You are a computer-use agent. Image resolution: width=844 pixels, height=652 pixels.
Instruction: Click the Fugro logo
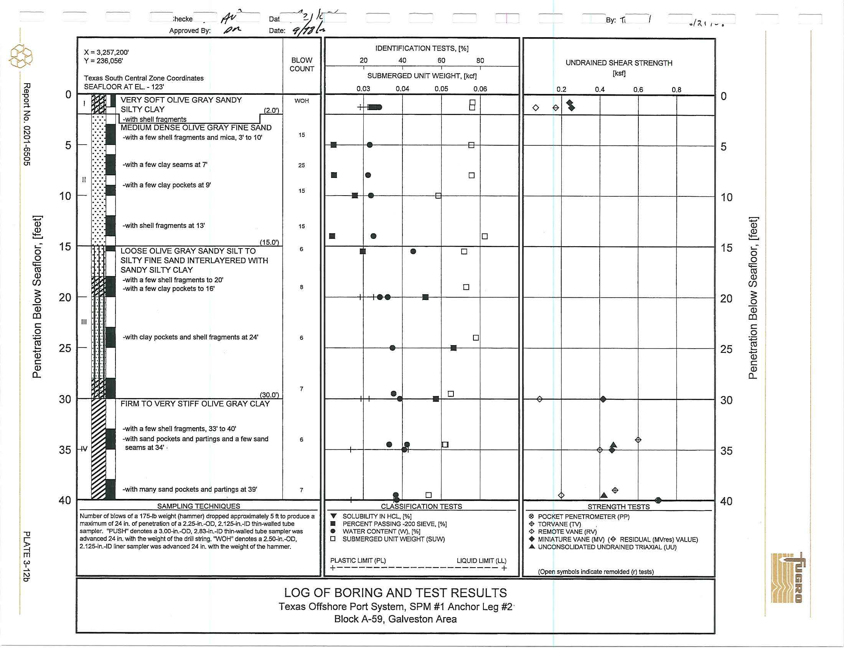[x=788, y=578]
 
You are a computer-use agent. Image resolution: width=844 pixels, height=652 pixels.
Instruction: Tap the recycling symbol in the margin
[x=21, y=56]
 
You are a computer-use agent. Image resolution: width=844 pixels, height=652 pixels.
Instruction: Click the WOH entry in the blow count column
[x=302, y=101]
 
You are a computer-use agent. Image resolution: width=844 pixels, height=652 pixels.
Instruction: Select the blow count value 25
[x=302, y=165]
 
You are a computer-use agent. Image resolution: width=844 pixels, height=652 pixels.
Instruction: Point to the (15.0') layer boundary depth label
[x=269, y=242]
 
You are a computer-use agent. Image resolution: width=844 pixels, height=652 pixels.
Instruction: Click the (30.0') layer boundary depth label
[x=269, y=395]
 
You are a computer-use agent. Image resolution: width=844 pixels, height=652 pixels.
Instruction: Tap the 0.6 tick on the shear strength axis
[x=638, y=90]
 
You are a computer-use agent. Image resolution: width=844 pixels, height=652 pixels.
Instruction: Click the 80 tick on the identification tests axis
[x=480, y=61]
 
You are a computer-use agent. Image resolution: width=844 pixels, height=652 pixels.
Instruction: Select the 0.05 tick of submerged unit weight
[x=441, y=89]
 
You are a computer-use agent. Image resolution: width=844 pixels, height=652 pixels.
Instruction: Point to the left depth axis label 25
[x=65, y=348]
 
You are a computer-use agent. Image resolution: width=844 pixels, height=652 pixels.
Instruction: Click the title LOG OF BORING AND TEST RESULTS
[x=395, y=593]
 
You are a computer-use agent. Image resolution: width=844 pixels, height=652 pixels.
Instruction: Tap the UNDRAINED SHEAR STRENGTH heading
[x=619, y=63]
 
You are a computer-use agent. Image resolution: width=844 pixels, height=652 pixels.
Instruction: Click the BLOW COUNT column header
[x=302, y=64]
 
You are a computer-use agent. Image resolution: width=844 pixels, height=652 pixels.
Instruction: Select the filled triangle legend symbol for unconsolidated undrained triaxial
[x=532, y=547]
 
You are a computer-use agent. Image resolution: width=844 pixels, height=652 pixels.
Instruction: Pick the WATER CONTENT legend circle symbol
[x=333, y=531]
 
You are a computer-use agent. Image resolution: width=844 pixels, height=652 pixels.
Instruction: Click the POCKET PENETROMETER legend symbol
[x=532, y=517]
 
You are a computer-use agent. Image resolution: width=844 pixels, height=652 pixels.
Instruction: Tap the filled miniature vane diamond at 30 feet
[x=603, y=399]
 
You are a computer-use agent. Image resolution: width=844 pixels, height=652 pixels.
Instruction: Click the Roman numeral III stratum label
[x=84, y=322]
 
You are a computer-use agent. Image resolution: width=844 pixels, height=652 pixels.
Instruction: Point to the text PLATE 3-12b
[x=26, y=556]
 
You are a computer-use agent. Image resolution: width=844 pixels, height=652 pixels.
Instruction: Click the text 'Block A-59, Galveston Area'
[x=395, y=619]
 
